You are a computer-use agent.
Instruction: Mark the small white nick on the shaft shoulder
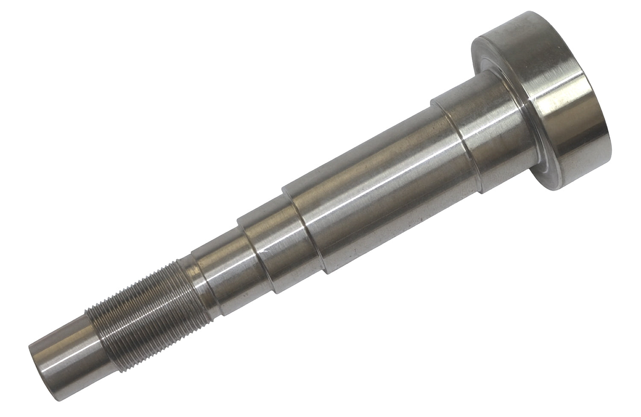tap(266, 251)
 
